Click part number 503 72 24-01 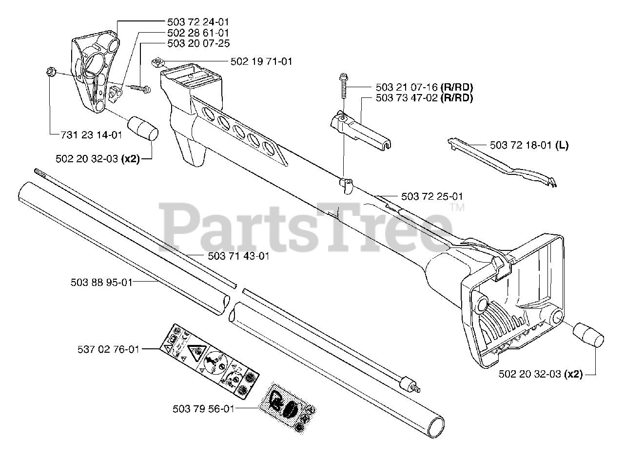tap(197, 22)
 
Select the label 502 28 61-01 tap(197, 33)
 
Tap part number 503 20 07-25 tap(197, 43)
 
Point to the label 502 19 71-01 tap(261, 62)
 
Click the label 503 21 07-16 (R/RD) tap(425, 88)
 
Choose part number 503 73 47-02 tap(407, 98)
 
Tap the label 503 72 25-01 tap(432, 196)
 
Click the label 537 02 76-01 tap(108, 349)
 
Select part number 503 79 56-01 tap(203, 409)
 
